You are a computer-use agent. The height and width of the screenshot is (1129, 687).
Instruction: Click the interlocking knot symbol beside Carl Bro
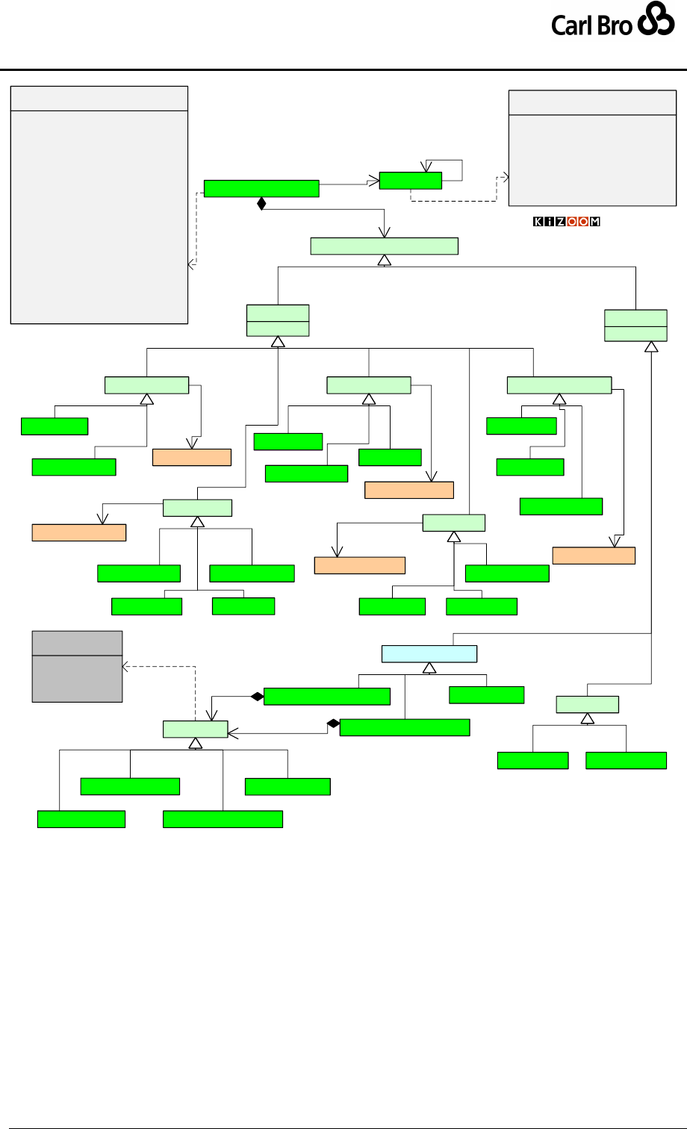coord(656,23)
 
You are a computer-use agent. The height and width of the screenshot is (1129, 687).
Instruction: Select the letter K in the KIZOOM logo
coord(538,222)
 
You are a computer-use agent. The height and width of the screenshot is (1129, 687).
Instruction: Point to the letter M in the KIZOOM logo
coord(595,222)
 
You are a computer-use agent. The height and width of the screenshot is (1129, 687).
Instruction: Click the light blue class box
coord(429,653)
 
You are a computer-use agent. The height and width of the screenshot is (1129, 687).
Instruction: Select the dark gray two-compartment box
coord(77,666)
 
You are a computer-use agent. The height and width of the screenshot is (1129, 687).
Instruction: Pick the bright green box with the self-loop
coord(410,180)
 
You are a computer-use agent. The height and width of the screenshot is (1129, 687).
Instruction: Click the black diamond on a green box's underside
coord(261,203)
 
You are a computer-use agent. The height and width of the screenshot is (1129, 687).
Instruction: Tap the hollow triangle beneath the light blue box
coord(429,668)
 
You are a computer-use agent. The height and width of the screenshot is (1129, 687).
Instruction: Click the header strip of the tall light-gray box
coord(99,98)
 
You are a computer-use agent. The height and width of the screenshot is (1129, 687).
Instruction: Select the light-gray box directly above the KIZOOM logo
coord(592,148)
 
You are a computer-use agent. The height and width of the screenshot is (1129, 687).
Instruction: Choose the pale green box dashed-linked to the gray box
coord(195,730)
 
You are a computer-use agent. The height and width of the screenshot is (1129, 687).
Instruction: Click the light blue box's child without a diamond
coord(486,694)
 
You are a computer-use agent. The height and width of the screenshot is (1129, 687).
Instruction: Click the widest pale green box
coord(384,246)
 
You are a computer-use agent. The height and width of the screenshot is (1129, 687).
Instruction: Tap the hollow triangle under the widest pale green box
coord(384,260)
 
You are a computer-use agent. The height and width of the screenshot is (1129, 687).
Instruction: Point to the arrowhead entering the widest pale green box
coord(384,234)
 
